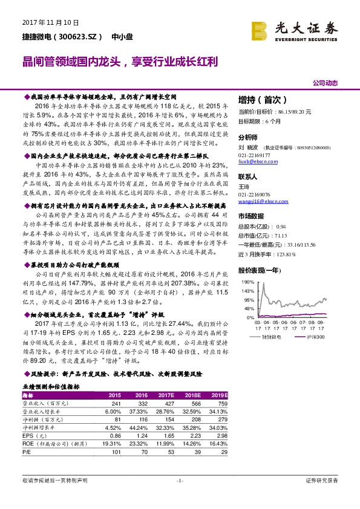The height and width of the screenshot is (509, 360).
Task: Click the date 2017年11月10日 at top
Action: [50, 23]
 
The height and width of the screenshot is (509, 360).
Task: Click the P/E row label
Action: [27, 451]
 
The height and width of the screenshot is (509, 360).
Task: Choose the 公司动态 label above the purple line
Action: [325, 82]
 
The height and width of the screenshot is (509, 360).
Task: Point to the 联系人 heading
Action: [247, 177]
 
